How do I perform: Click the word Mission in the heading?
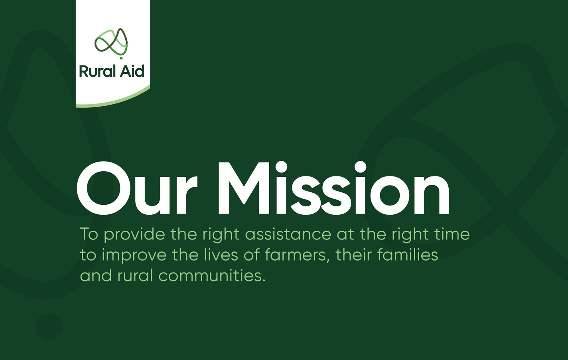click(333, 188)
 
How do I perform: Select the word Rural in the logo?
click(94, 71)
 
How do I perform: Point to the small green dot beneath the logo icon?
click(121, 58)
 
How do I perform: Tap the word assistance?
click(288, 234)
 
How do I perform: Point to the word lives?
click(221, 255)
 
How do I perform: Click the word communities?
click(212, 276)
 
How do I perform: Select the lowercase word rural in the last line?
click(135, 276)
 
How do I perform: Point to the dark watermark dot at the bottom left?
click(49, 326)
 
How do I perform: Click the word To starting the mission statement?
click(89, 234)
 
